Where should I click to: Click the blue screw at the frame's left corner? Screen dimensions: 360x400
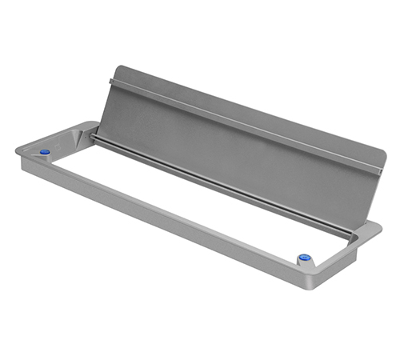point(45,151)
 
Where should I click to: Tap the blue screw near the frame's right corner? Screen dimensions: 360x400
point(304,258)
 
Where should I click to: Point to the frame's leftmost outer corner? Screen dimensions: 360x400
point(16,153)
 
